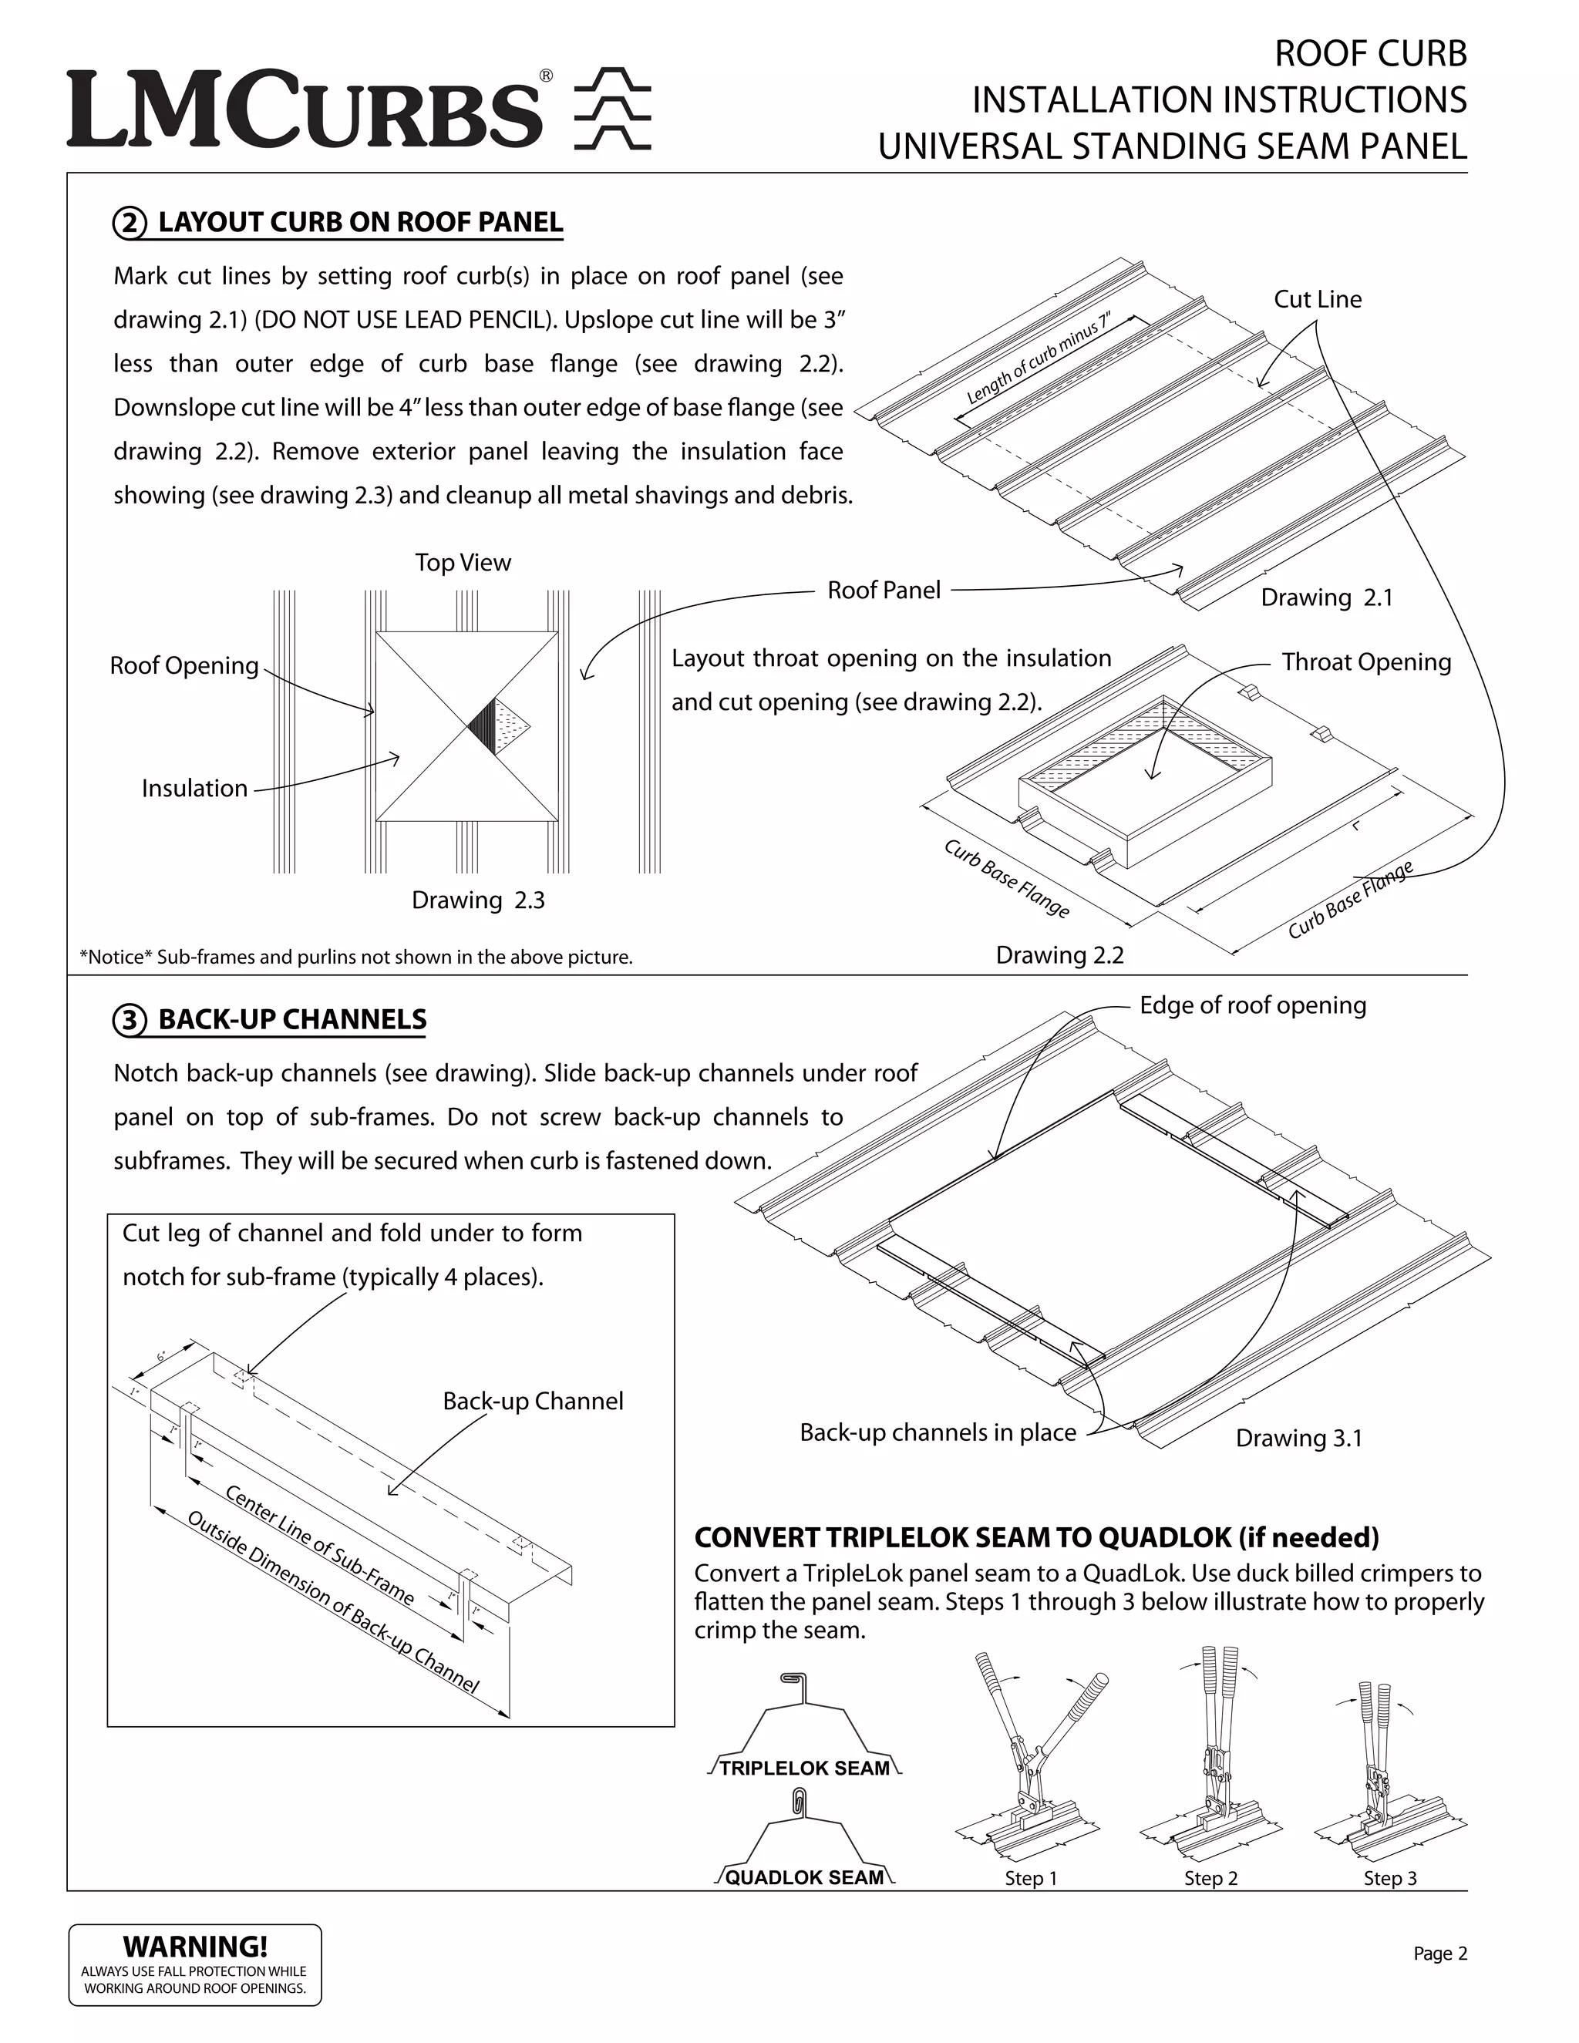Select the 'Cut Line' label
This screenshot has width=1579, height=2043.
point(1317,299)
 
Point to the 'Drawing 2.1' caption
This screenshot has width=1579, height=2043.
point(1326,597)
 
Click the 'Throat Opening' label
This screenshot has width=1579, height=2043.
point(1365,662)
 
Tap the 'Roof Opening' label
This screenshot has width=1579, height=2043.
point(184,666)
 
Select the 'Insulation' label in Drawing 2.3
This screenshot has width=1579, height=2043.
point(194,789)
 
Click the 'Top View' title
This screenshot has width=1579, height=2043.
point(463,563)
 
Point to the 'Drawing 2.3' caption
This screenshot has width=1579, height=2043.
point(478,900)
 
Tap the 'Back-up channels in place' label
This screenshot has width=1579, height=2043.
point(938,1433)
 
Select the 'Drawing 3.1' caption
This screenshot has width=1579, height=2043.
point(1298,1439)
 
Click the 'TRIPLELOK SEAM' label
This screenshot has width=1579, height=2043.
point(804,1768)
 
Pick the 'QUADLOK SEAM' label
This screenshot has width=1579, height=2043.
point(804,1877)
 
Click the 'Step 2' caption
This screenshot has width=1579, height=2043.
point(1210,1878)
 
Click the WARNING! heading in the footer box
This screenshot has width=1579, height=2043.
point(196,1947)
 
